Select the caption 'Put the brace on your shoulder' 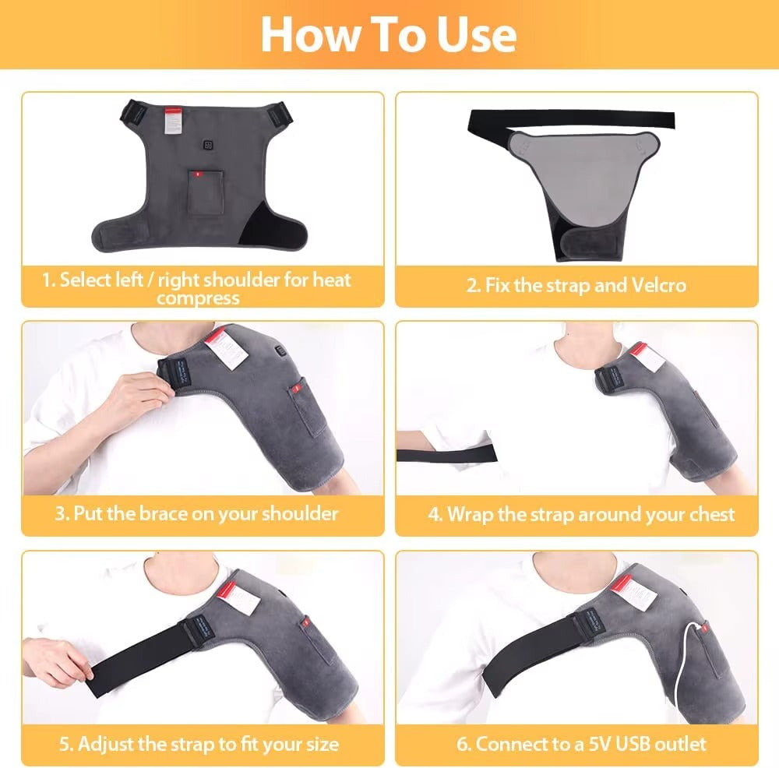point(206,513)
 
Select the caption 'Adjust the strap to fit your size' point(198,743)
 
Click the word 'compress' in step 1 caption point(198,298)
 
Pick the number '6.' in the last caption point(464,743)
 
